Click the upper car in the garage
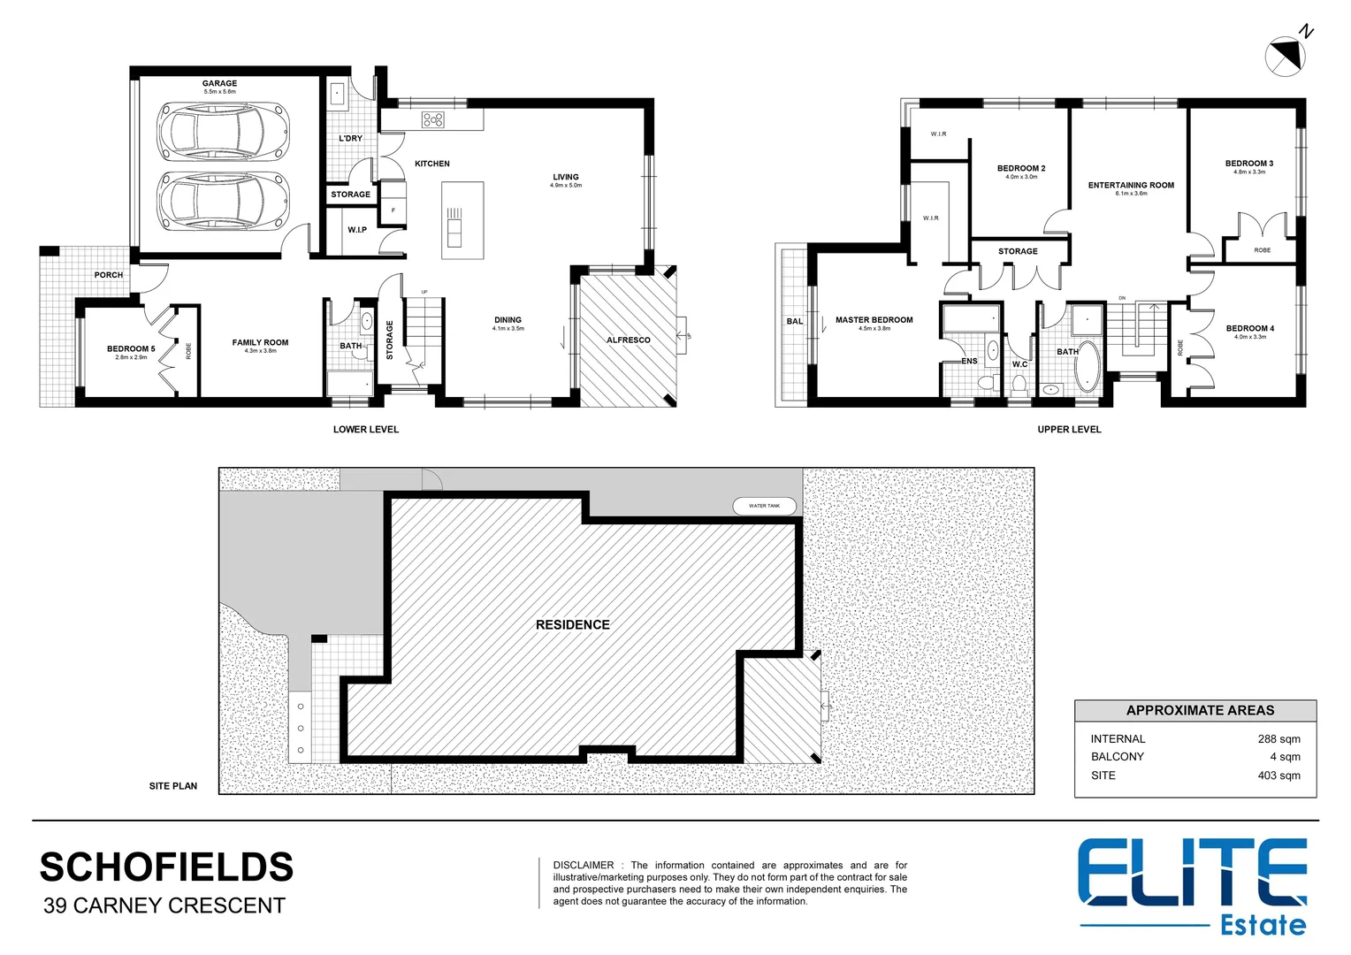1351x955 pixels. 223,131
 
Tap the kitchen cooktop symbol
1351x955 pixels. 433,119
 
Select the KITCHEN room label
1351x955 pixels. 432,164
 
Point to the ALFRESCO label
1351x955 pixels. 628,340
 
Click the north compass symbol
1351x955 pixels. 1286,56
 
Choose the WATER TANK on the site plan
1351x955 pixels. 765,506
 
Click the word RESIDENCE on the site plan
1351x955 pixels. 572,625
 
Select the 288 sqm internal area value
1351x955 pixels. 1278,739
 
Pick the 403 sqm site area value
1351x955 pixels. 1278,775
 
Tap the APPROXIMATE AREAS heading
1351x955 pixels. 1200,711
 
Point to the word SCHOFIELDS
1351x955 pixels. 166,867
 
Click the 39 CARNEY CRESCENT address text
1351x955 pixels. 164,906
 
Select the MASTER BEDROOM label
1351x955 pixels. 874,320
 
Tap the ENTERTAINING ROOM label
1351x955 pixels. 1131,186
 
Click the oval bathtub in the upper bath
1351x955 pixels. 1087,365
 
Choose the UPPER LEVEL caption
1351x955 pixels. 1069,430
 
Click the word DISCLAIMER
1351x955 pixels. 583,866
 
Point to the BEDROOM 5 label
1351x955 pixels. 131,349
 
